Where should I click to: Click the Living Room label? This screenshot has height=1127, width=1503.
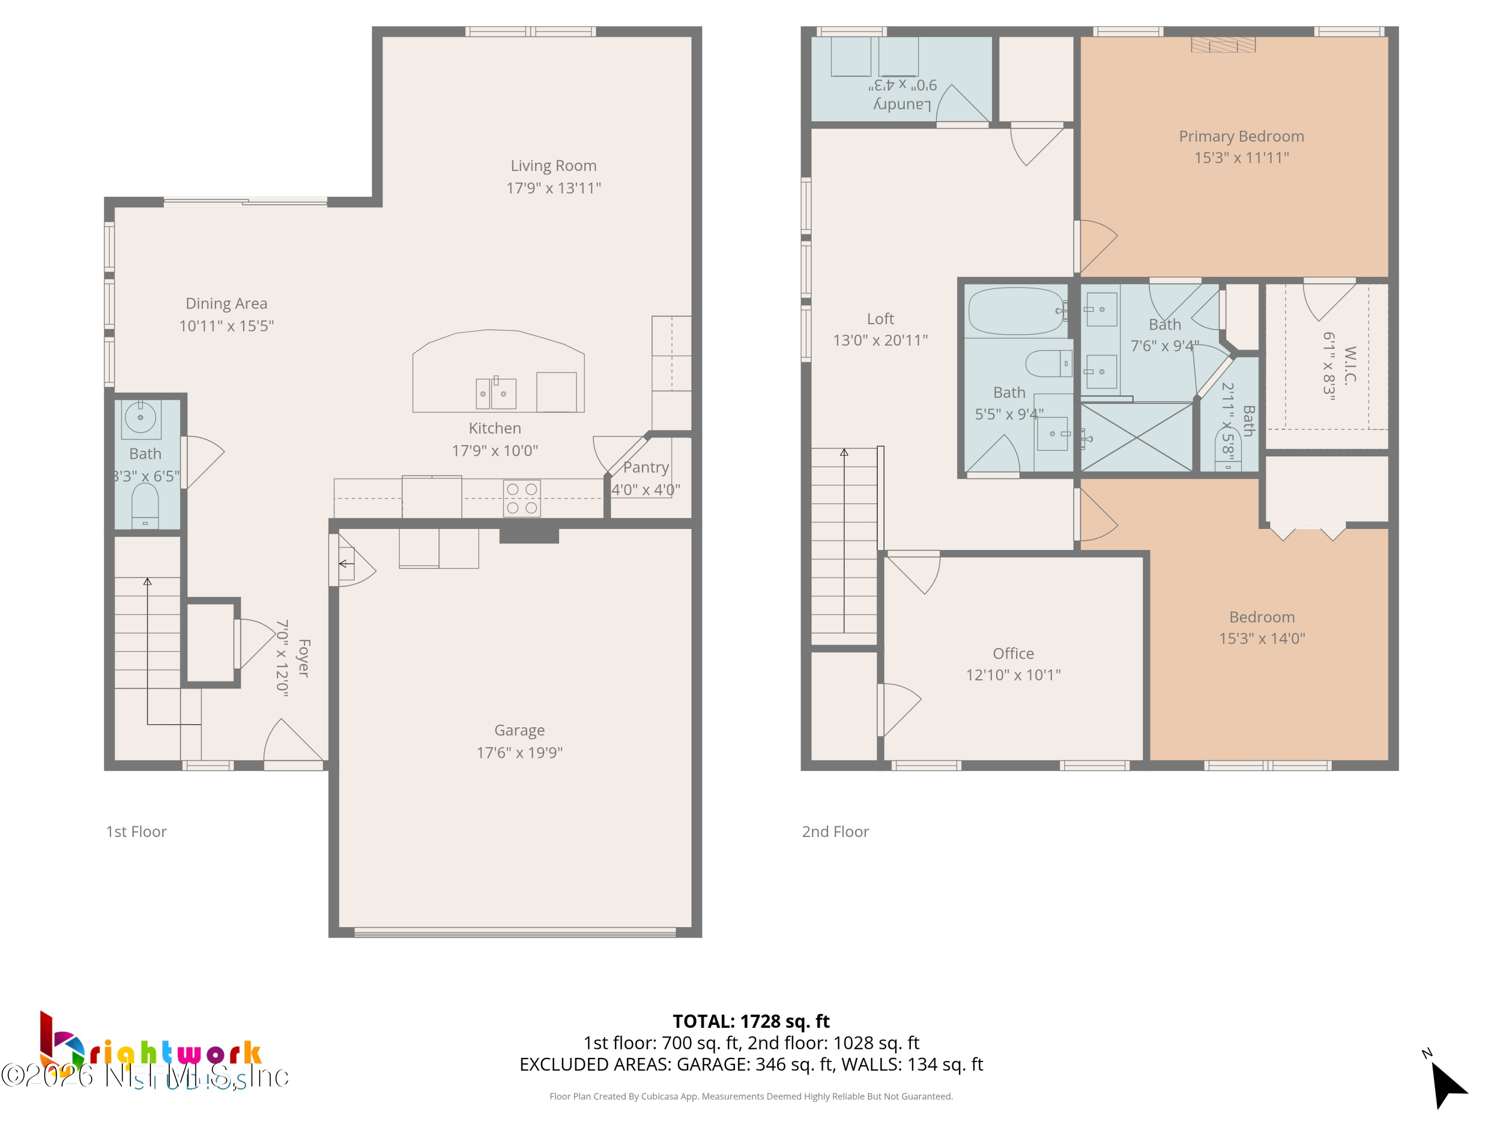(553, 166)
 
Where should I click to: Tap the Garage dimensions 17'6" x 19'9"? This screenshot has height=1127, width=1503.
(519, 752)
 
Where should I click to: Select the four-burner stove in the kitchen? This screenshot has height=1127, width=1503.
(522, 498)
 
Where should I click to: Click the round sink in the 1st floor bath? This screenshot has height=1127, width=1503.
(141, 416)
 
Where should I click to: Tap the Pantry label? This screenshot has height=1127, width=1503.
(645, 467)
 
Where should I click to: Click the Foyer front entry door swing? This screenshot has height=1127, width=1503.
(291, 744)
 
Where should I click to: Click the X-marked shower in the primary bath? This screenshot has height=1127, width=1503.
(1136, 437)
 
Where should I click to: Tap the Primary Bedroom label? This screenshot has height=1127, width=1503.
(1240, 137)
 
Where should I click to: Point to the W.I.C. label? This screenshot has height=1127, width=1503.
(1349, 366)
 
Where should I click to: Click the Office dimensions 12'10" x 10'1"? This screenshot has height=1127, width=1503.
(1013, 675)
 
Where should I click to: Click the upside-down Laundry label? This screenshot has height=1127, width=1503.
(902, 104)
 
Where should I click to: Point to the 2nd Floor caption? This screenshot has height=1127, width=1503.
(835, 831)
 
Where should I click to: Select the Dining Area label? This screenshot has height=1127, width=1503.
(226, 304)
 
